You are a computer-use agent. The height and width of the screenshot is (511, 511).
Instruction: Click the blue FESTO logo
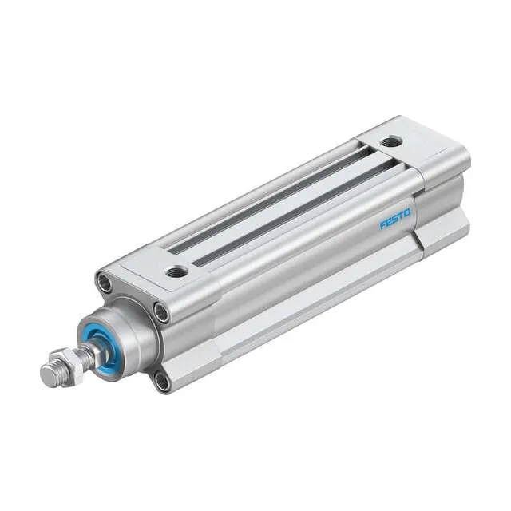(x=395, y=219)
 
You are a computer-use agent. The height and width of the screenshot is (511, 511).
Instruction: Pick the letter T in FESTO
(x=401, y=216)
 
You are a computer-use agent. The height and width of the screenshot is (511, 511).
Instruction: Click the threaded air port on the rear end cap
(x=390, y=142)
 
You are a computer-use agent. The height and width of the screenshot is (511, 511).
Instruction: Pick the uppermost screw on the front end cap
(x=104, y=281)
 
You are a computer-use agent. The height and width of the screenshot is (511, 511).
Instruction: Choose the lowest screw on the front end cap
(x=163, y=382)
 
